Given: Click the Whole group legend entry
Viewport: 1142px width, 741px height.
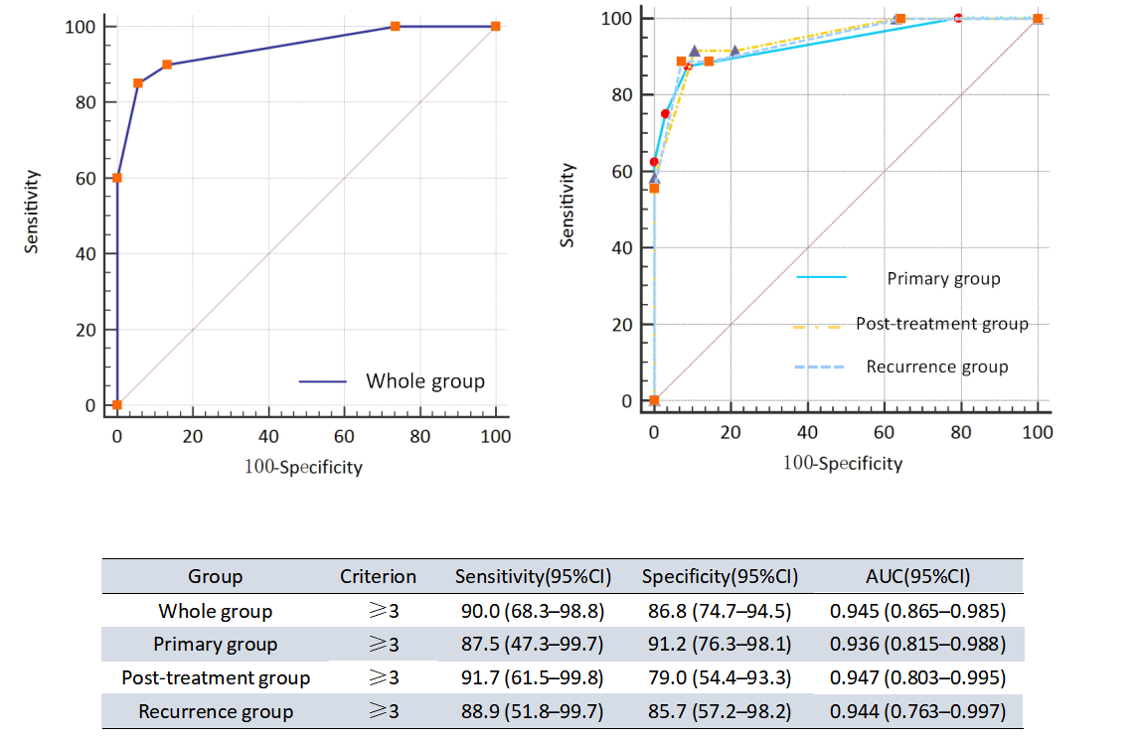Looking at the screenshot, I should click(x=424, y=380).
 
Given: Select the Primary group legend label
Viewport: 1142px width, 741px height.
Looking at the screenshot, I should click(x=943, y=278).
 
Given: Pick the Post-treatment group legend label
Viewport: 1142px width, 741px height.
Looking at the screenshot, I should click(x=941, y=324).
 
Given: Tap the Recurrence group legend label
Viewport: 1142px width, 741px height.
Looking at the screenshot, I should click(x=936, y=367).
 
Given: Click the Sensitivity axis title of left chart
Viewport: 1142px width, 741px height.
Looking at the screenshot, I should click(x=32, y=212).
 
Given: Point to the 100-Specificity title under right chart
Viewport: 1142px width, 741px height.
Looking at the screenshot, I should click(x=843, y=463).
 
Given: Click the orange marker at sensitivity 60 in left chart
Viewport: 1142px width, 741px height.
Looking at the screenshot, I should click(x=117, y=178).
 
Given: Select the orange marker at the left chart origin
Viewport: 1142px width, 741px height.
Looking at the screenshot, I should click(x=117, y=405).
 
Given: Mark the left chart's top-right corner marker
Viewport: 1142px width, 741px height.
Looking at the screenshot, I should click(x=496, y=26).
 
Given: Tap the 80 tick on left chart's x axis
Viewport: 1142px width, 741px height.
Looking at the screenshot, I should click(x=419, y=437).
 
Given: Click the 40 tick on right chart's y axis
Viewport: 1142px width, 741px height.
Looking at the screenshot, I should click(x=626, y=247).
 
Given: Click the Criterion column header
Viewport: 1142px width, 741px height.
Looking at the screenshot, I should click(x=378, y=576).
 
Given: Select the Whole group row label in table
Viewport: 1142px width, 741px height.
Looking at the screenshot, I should click(x=215, y=611).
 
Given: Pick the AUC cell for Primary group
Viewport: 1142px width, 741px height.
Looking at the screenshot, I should click(x=916, y=645).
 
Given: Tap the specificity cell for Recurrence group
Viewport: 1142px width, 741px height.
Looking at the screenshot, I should click(x=717, y=712).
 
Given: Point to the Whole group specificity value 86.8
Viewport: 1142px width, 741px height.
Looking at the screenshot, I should click(x=717, y=611).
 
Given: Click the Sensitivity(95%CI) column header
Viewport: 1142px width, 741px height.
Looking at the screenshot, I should click(x=532, y=576).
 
